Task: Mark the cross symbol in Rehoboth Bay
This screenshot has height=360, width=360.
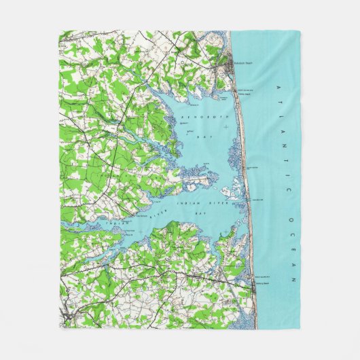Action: coord(225,127)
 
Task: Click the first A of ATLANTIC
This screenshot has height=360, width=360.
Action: coord(276,88)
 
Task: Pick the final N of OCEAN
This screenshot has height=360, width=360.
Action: coord(294,279)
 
